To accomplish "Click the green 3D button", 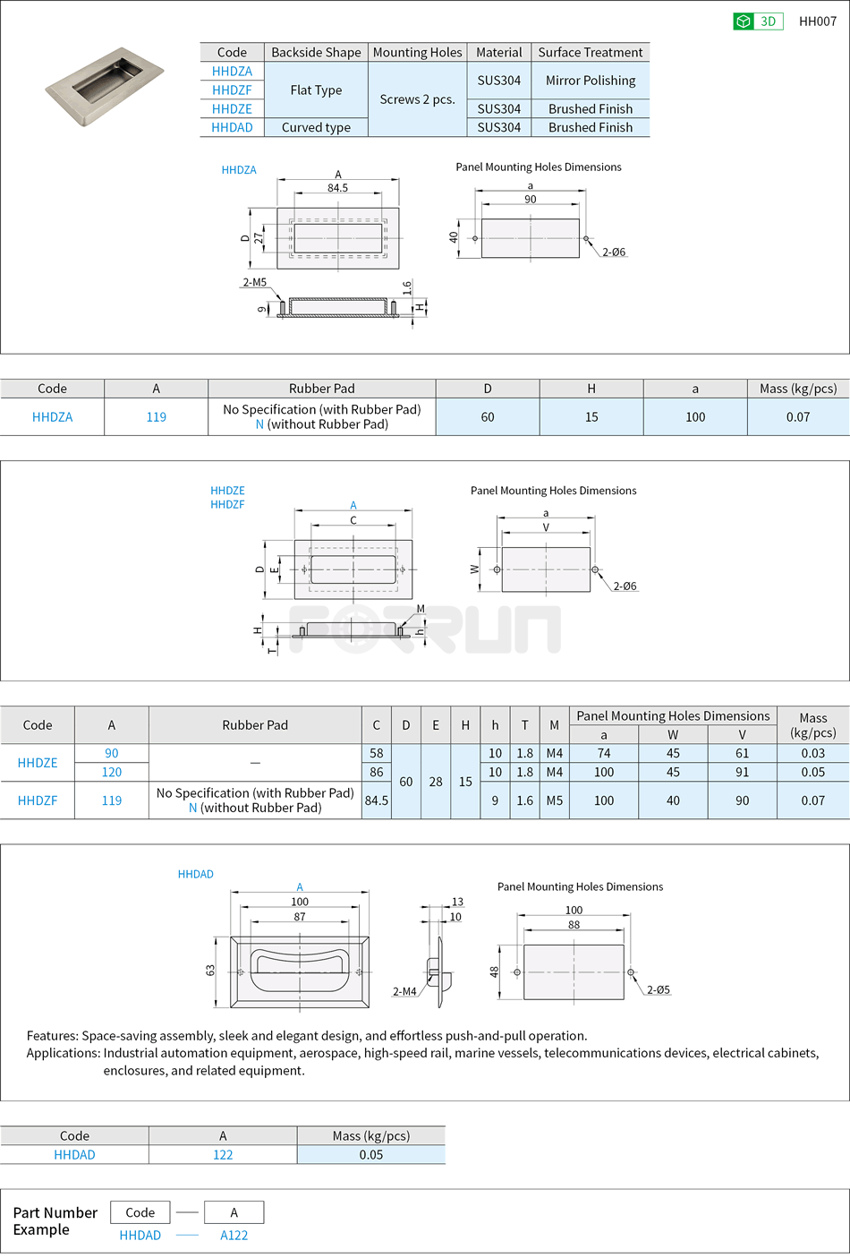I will (757, 21).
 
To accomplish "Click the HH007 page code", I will (817, 21).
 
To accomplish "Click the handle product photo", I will (105, 86).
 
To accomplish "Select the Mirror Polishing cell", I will (591, 81).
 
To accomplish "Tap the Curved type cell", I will (316, 127).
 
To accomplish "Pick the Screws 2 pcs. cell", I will (417, 99).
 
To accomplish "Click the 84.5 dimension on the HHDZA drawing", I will (337, 188).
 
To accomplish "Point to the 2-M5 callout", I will (255, 282).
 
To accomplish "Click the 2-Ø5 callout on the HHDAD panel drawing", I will (659, 989).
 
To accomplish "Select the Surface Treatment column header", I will (591, 53).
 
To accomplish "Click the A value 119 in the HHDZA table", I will (157, 417).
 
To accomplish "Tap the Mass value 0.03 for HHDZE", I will (812, 753).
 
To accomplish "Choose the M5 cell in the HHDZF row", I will (555, 800).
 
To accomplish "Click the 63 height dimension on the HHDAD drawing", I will (210, 971).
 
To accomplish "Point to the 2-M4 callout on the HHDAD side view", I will (404, 991).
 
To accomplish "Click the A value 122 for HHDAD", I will (223, 1155).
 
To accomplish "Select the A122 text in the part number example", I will (234, 1235).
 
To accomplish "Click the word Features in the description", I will (52, 1035).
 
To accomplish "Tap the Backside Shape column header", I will (316, 53).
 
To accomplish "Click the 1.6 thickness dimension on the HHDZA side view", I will (407, 288).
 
